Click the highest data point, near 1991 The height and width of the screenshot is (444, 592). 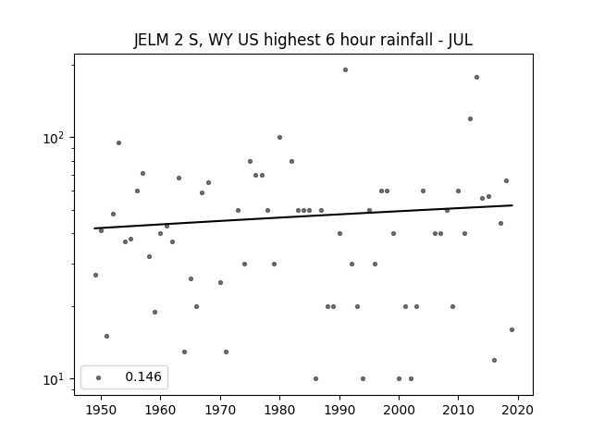[x=345, y=70]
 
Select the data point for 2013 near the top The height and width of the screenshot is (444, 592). [x=476, y=78]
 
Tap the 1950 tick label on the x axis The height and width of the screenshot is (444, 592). [x=101, y=410]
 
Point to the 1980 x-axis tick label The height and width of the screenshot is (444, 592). [x=279, y=410]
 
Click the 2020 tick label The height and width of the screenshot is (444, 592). [x=518, y=410]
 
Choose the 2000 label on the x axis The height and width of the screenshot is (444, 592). [x=399, y=410]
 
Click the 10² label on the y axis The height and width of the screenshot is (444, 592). [x=54, y=138]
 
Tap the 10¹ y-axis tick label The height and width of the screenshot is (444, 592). [x=54, y=379]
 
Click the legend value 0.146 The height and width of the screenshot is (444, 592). [x=143, y=376]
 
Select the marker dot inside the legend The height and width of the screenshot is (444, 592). [x=98, y=377]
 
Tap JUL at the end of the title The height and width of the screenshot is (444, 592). [x=461, y=40]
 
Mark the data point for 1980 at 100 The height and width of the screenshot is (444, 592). [x=279, y=138]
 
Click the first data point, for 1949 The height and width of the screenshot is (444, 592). [x=95, y=276]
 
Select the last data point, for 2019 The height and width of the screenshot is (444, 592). [x=512, y=329]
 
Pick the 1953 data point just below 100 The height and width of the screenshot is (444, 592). [x=118, y=143]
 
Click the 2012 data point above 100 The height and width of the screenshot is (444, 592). [x=470, y=119]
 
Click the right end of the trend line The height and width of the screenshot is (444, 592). [x=512, y=205]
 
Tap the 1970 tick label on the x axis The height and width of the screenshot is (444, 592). [x=220, y=410]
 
